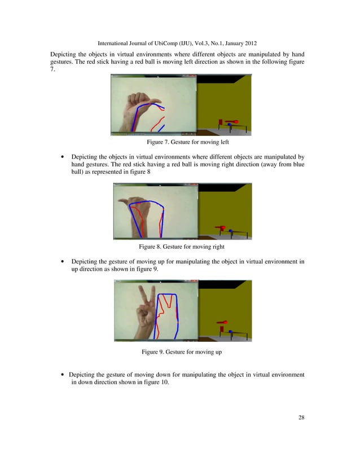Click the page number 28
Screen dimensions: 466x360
[301, 417]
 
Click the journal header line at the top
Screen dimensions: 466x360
[179, 42]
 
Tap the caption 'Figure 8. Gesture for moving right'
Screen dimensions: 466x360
[179, 247]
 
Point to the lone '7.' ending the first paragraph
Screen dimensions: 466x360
[53, 70]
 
